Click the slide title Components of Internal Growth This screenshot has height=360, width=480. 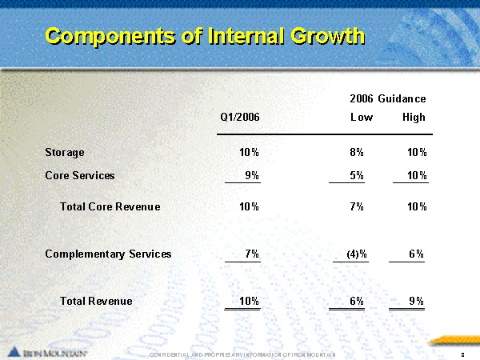pyautogui.click(x=205, y=36)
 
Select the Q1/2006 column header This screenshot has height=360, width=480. pyautogui.click(x=239, y=118)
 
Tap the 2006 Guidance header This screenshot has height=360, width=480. pyautogui.click(x=387, y=98)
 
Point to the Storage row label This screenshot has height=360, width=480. pyautogui.click(x=65, y=152)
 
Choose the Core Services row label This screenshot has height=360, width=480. pyautogui.click(x=80, y=175)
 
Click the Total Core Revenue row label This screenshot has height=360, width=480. pyautogui.click(x=110, y=206)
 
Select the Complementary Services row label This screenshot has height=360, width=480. pyautogui.click(x=108, y=254)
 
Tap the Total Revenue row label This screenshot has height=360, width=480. pyautogui.click(x=96, y=301)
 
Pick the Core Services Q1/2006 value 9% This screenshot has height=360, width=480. pyautogui.click(x=251, y=175)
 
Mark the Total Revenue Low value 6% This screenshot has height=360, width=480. pyautogui.click(x=357, y=301)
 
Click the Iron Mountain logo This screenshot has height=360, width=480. pyautogui.click(x=48, y=352)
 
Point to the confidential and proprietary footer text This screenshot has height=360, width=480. pyautogui.click(x=242, y=353)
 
